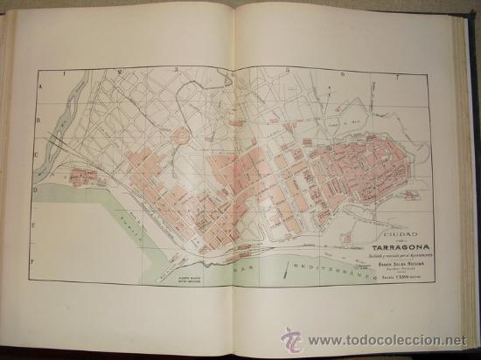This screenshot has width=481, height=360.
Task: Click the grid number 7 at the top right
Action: pos(397,78)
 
